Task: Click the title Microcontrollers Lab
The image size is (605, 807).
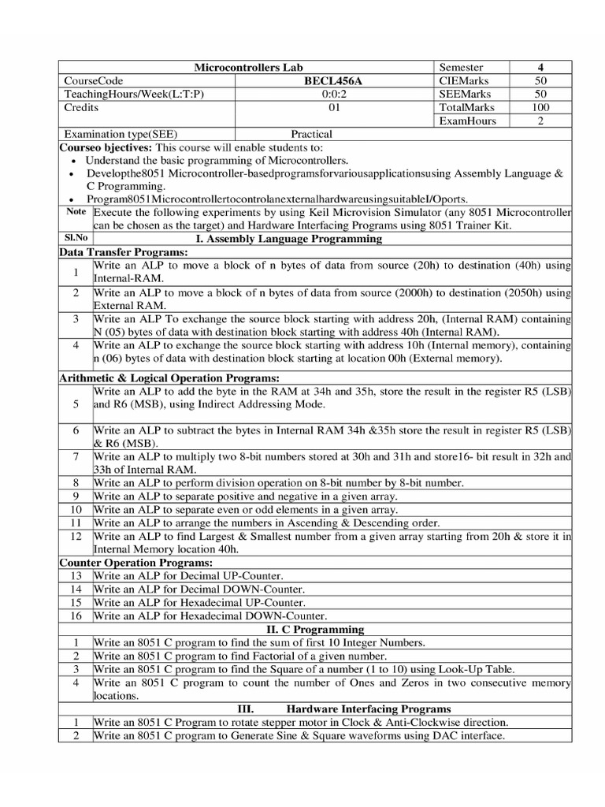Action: [x=248, y=68]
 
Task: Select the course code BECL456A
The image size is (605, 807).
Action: [x=336, y=80]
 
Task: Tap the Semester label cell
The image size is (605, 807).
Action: [x=461, y=68]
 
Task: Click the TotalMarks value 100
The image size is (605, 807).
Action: [x=540, y=106]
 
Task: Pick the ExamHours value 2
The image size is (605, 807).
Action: [x=540, y=121]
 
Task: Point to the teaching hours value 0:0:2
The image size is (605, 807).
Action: [x=336, y=94]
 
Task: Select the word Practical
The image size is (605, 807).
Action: [x=311, y=134]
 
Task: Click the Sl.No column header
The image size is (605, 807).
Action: [x=76, y=238]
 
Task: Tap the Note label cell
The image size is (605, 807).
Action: [x=76, y=212]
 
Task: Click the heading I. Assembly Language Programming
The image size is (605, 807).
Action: [x=288, y=238]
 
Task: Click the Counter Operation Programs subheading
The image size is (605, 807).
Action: [x=136, y=563]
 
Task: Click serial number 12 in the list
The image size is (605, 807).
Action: [x=76, y=536]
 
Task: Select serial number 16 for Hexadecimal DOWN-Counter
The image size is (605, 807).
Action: [x=76, y=615]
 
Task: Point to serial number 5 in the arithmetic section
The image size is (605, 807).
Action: [x=76, y=404]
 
